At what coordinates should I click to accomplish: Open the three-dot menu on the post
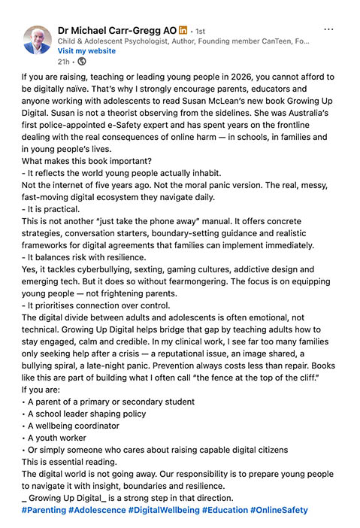(328, 29)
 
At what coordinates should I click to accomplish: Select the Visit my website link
(86, 50)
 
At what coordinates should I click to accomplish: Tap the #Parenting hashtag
(44, 510)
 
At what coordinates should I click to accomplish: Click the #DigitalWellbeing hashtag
(163, 510)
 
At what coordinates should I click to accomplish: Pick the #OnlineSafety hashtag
(279, 510)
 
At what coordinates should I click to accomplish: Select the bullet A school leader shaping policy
(86, 414)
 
